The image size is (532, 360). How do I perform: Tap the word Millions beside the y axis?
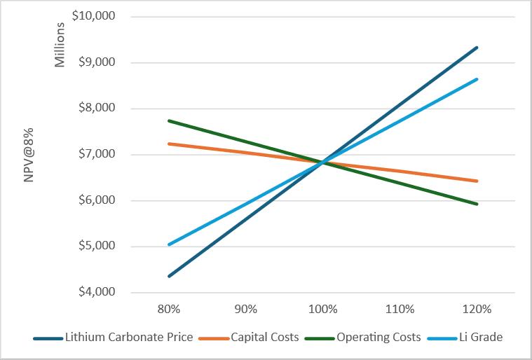tap(60, 45)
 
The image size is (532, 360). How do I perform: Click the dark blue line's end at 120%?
tap(477, 48)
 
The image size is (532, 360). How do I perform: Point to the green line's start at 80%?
tap(169, 120)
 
